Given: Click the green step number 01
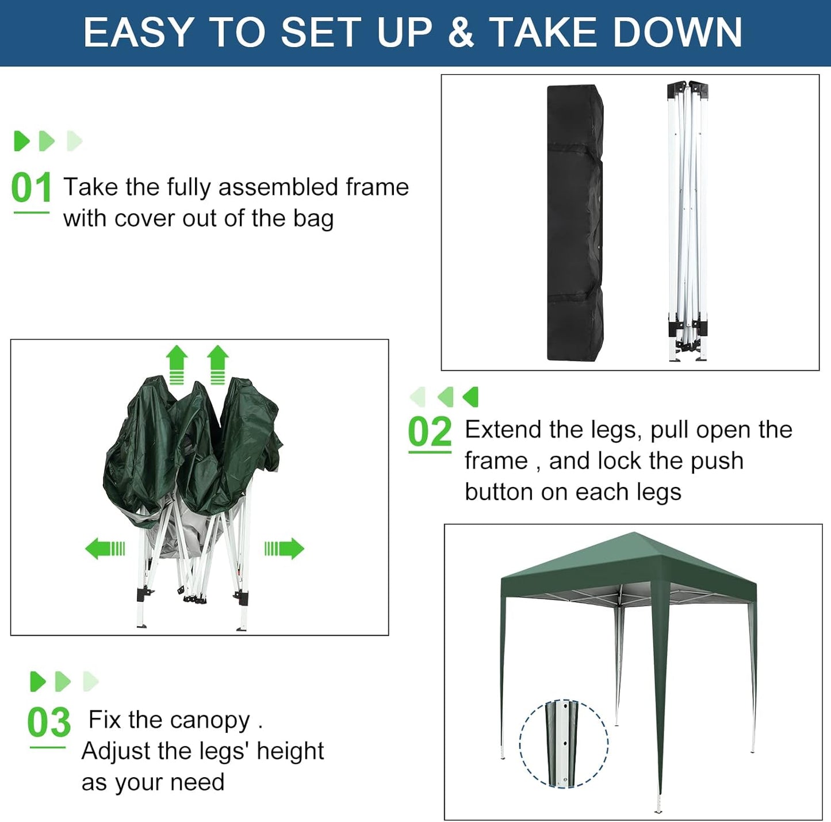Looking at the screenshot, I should (x=31, y=188).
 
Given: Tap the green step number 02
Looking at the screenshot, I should (x=430, y=432).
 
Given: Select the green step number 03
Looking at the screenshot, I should (x=49, y=723).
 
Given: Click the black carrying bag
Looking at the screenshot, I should (x=575, y=222).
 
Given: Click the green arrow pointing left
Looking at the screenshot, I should (x=105, y=548).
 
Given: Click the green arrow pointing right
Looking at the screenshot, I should (x=284, y=548).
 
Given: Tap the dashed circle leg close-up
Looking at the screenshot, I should (x=564, y=743).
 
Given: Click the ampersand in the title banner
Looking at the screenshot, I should (x=460, y=32).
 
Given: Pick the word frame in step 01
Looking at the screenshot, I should (x=377, y=187).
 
